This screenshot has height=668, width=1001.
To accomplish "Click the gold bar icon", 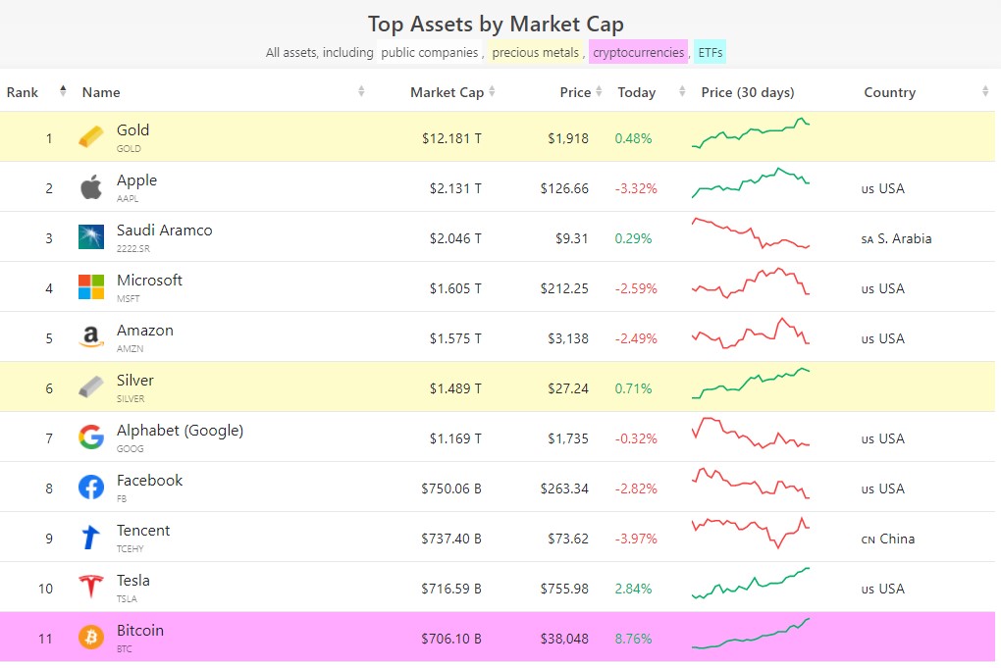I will point(91,137).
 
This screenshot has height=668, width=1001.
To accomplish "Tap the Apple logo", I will point(91,187).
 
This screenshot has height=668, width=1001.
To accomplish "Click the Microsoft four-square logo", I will point(91,287).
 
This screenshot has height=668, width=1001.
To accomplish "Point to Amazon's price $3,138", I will point(568,338).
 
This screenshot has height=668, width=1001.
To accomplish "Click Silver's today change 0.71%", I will point(633,388).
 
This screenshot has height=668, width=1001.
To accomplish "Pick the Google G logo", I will point(91,437).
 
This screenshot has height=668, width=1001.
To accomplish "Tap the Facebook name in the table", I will point(149,481).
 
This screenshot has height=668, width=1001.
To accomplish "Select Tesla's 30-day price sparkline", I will point(751,583).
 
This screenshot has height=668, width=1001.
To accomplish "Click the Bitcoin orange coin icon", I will point(91,638).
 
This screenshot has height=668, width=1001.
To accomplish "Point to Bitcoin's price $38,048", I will point(564,639).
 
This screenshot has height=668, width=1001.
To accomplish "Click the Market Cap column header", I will point(447,92).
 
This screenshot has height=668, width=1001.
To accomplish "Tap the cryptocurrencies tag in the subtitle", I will point(638,52).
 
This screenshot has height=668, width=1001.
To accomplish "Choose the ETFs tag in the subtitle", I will point(711,52).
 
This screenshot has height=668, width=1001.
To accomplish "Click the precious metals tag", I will point(536,52).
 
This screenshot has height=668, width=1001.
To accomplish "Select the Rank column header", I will point(23,92).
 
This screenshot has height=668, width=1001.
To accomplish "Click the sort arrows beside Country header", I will point(984,92).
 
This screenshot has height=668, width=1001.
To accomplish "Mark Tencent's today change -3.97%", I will point(636,539).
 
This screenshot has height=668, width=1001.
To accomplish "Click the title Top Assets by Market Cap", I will point(496,24).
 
